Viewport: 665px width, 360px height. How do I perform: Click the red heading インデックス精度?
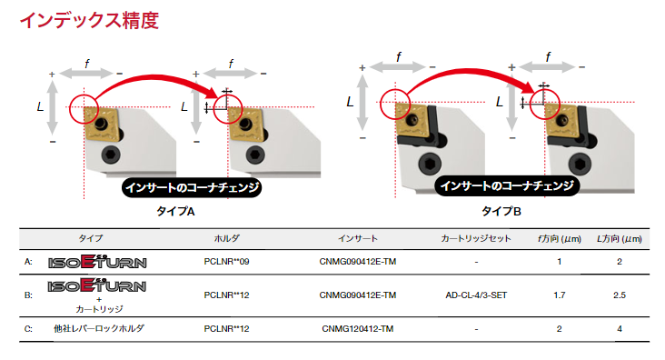(x=90, y=20)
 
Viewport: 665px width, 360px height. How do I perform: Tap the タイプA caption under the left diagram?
(x=175, y=211)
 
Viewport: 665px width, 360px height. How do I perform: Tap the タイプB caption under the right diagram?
(x=501, y=211)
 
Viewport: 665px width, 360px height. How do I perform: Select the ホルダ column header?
(x=226, y=238)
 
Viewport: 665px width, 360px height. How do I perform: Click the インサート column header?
(x=358, y=238)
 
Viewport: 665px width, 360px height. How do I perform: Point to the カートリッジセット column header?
(x=476, y=238)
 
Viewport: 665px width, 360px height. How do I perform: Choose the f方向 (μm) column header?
(x=560, y=239)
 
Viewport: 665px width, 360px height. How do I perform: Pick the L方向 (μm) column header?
(x=620, y=239)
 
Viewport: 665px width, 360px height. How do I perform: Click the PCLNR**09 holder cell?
(x=226, y=262)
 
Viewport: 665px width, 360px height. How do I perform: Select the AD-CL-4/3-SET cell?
(x=476, y=295)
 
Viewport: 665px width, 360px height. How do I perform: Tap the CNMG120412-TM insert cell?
(x=358, y=328)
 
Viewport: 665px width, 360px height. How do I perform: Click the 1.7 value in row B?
(x=560, y=295)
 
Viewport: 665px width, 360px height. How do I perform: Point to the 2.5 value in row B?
(x=620, y=295)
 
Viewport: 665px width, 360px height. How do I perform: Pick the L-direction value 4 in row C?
(x=620, y=328)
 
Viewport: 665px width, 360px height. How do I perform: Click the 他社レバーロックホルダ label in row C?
(x=99, y=328)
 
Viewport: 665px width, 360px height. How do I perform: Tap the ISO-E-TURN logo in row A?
(x=97, y=262)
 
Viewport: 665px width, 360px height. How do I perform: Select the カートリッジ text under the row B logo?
(x=99, y=309)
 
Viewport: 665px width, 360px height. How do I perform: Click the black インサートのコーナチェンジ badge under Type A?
(x=192, y=187)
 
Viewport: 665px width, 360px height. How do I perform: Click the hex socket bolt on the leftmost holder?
(x=111, y=155)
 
